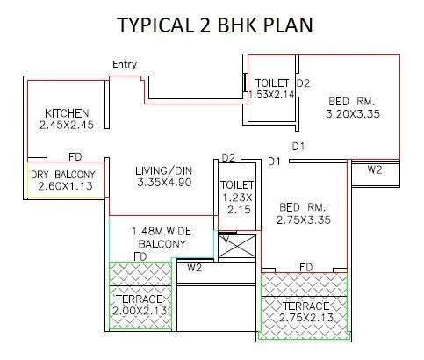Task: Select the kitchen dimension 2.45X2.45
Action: (x=66, y=126)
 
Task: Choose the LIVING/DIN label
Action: (x=164, y=169)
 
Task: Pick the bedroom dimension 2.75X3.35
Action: (x=302, y=220)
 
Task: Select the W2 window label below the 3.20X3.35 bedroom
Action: (x=374, y=169)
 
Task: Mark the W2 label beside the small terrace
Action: (x=194, y=267)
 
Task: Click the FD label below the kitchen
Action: (x=75, y=158)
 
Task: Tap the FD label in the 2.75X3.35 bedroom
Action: (x=306, y=265)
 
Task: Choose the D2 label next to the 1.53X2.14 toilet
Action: (x=303, y=83)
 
